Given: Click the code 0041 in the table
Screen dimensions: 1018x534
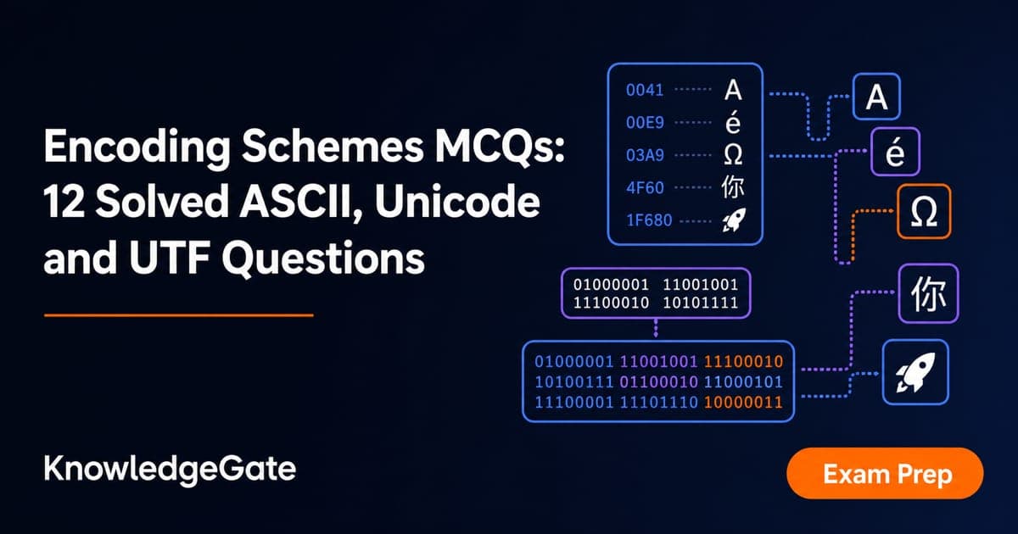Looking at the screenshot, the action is tap(645, 90).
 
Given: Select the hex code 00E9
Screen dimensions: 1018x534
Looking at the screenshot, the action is tap(645, 123).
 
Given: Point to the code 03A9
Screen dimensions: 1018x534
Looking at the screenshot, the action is tap(645, 155).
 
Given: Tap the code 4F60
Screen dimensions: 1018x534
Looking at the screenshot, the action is tap(645, 187).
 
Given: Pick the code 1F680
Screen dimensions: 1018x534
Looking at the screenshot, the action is tap(649, 220).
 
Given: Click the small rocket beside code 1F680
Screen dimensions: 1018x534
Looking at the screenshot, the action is tap(734, 220).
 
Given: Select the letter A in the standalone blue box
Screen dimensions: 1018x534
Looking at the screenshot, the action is tap(876, 97).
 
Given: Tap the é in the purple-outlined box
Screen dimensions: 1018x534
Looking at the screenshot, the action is tap(895, 152).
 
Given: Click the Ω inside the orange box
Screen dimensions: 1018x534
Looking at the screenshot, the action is tap(924, 212).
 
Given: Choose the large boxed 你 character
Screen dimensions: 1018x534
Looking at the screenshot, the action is tap(928, 294).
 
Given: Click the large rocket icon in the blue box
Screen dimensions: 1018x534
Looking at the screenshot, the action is tap(915, 372).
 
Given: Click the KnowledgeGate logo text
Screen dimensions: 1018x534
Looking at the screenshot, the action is tap(170, 470).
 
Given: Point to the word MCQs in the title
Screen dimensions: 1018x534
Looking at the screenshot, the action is tap(500, 147).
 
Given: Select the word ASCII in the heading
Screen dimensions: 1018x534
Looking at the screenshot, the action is tap(301, 202).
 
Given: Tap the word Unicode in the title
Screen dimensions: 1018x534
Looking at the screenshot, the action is tap(457, 202).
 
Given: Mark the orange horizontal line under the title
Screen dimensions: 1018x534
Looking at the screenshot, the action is tap(179, 315).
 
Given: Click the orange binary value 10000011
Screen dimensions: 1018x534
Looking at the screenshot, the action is tap(743, 403).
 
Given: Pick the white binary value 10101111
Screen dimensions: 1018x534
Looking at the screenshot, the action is tap(701, 303).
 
